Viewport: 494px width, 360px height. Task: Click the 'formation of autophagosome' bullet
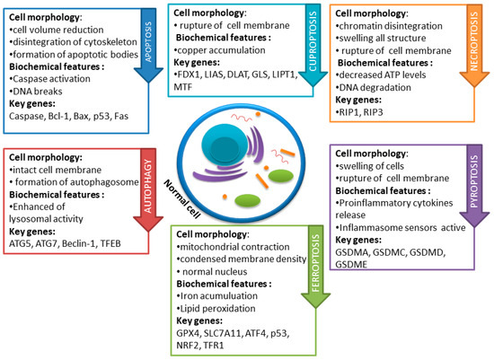coord(64,181)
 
